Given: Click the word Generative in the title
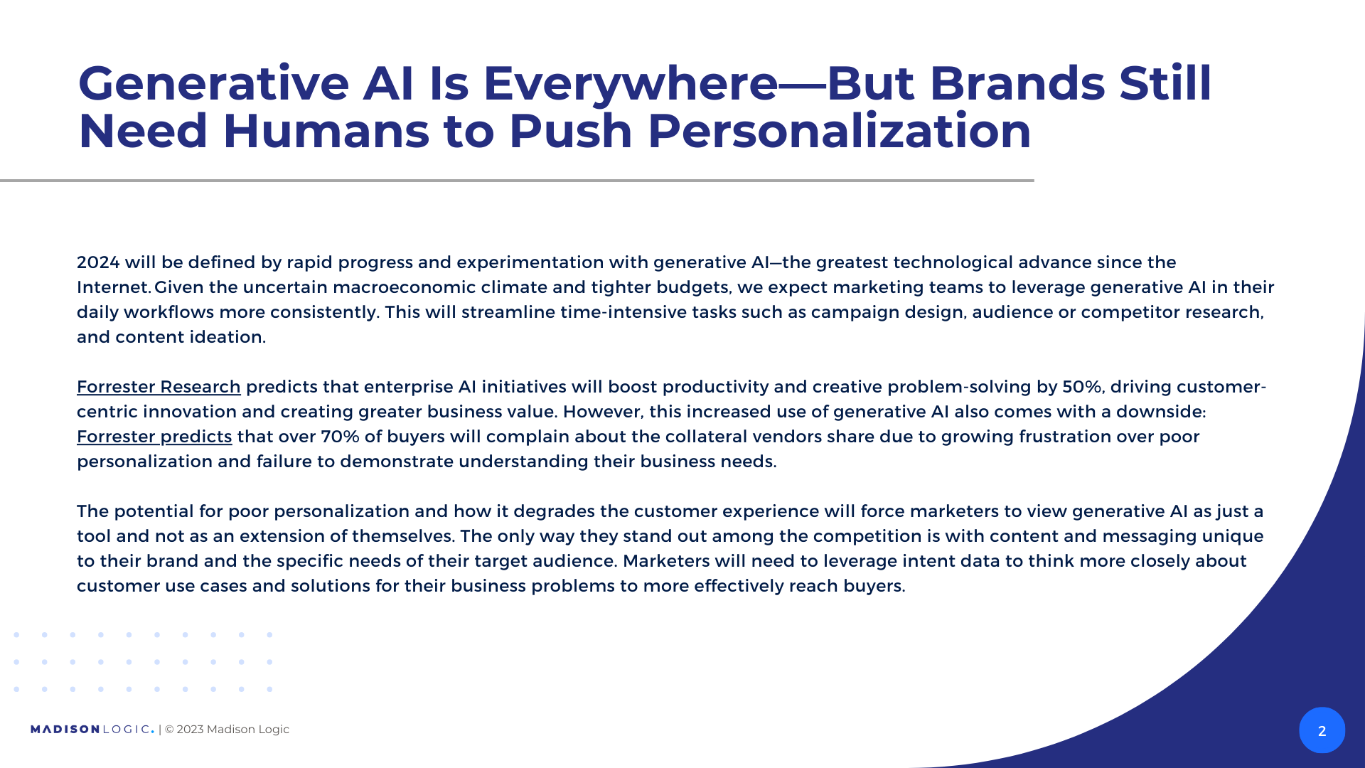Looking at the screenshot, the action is pos(213,84).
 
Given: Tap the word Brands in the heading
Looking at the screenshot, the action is pos(1017,84).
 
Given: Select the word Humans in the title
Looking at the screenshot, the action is pos(326,132).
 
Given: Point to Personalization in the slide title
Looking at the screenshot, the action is pos(839,132).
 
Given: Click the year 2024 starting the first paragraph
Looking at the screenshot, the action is pos(98,262).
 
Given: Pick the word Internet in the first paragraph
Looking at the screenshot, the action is pos(113,287).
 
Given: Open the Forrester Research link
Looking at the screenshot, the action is pos(159,387).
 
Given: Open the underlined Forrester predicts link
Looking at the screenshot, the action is pos(154,437).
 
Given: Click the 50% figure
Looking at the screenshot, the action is pos(1082,387).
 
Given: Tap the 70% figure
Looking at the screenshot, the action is pos(341,437).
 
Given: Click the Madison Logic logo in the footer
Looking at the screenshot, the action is pos(92,730).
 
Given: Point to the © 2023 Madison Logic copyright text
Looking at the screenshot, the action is pos(227,730).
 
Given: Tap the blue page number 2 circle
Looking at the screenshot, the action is pos(1322,730).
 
